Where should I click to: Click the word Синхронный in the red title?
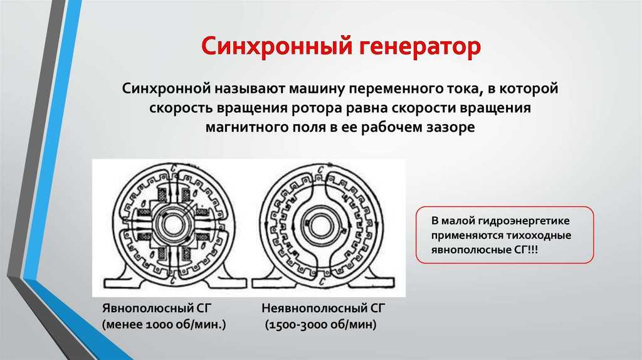click(276, 46)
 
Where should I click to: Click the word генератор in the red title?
click(420, 47)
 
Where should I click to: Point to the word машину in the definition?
click(317, 88)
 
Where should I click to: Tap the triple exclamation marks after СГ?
click(533, 250)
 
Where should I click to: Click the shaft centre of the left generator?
click(172, 225)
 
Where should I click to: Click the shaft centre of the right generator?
click(322, 225)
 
